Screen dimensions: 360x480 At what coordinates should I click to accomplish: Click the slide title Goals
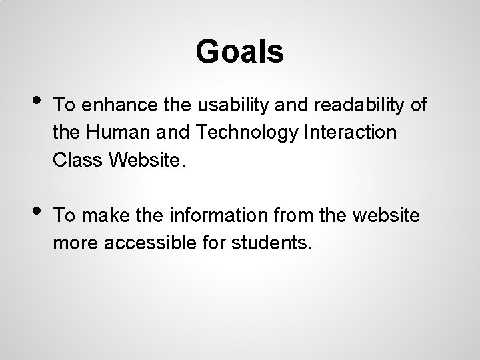coord(240,51)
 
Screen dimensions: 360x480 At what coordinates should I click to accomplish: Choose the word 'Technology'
coord(243,132)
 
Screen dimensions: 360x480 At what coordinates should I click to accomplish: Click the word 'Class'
coord(75,159)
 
